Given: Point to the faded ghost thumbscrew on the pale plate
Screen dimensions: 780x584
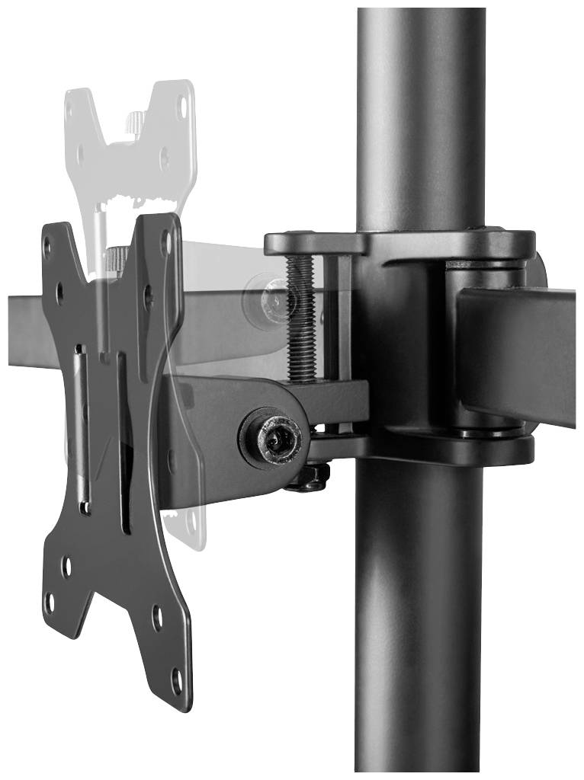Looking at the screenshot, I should [135, 122].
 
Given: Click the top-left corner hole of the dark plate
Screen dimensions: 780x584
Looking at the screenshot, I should [48, 245].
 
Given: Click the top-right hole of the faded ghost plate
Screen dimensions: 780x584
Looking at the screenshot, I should [181, 107].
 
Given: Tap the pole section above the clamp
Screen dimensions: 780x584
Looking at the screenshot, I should [420, 114].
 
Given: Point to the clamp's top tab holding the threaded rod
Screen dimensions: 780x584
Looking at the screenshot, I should [313, 244].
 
